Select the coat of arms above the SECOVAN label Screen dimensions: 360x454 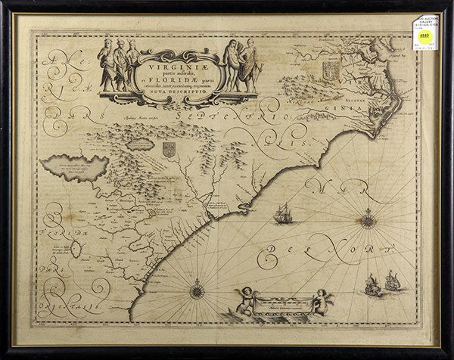coord(328,72)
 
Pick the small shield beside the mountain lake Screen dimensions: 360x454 coord(169,150)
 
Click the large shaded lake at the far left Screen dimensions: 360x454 coord(74,166)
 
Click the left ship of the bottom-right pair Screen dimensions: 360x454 coord(372,285)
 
